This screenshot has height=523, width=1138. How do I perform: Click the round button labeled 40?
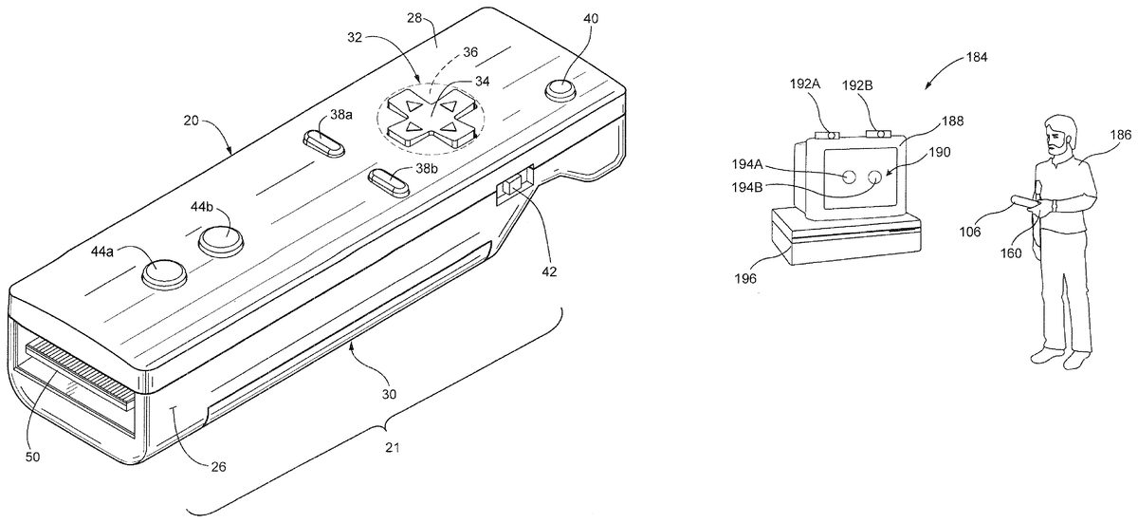pos(560,90)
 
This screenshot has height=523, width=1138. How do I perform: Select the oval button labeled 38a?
pos(324,144)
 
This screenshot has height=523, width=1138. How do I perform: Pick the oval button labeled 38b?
pos(389,183)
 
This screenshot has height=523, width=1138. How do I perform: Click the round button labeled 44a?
pos(164,273)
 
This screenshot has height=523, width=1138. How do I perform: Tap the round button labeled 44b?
pos(220,240)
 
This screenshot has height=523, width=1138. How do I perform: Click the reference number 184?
pos(977,58)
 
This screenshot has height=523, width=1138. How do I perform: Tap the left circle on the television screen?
pos(849,177)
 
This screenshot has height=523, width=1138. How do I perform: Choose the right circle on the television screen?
pos(874,177)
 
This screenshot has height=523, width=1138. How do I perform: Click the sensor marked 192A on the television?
pos(826,135)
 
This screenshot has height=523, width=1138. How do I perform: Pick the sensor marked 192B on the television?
pos(878,134)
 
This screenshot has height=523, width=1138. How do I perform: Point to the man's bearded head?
pos(1058,136)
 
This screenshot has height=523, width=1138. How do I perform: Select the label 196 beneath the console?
pos(745,278)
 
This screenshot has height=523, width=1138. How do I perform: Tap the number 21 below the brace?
pos(393,448)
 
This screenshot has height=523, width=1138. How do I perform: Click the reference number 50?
pos(32,457)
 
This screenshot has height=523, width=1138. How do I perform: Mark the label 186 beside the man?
pos(1121,135)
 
